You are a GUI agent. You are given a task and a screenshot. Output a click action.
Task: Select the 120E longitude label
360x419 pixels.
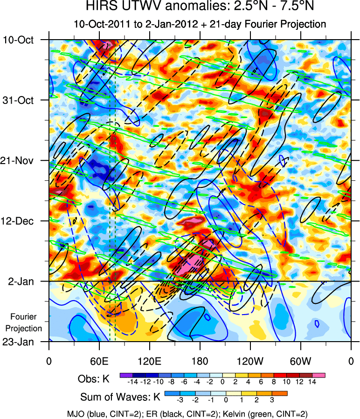(x=149, y=360)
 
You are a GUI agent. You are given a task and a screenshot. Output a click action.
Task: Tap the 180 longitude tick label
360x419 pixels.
(x=200, y=360)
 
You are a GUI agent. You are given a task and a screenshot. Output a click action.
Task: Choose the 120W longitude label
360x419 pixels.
(x=250, y=360)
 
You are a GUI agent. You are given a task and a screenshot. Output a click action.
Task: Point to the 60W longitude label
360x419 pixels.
(x=300, y=360)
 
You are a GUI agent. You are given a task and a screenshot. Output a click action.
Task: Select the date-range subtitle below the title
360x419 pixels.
(x=200, y=24)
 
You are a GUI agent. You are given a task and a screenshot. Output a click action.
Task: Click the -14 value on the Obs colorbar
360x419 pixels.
(x=132, y=381)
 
